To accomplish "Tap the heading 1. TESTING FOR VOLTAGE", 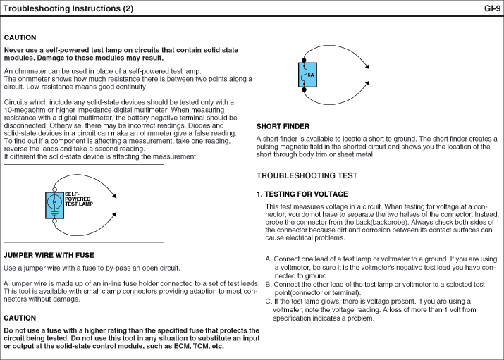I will pos(302,193).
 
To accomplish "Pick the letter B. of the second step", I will pos(259,284).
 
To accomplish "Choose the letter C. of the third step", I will pos(259,299).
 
